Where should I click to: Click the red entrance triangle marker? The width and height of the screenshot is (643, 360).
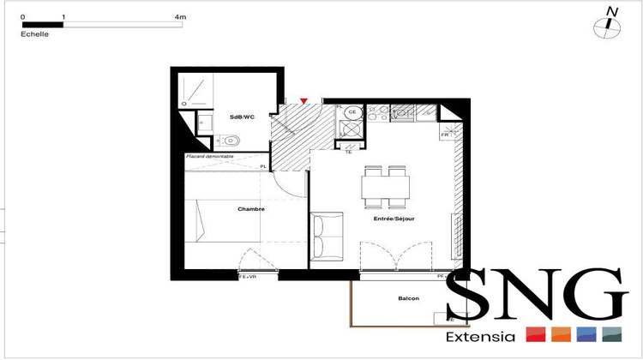[303, 101]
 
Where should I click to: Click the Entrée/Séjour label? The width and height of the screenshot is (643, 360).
[395, 219]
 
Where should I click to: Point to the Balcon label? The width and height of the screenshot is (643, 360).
[409, 299]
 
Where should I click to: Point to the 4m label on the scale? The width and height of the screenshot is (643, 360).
[179, 16]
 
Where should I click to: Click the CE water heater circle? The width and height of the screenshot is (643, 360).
[351, 111]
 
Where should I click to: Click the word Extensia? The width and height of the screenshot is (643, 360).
[481, 337]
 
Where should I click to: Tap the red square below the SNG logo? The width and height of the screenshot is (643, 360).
[536, 334]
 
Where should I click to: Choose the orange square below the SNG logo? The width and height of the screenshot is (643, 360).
[562, 334]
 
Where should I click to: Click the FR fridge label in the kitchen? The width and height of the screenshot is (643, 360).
[445, 135]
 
